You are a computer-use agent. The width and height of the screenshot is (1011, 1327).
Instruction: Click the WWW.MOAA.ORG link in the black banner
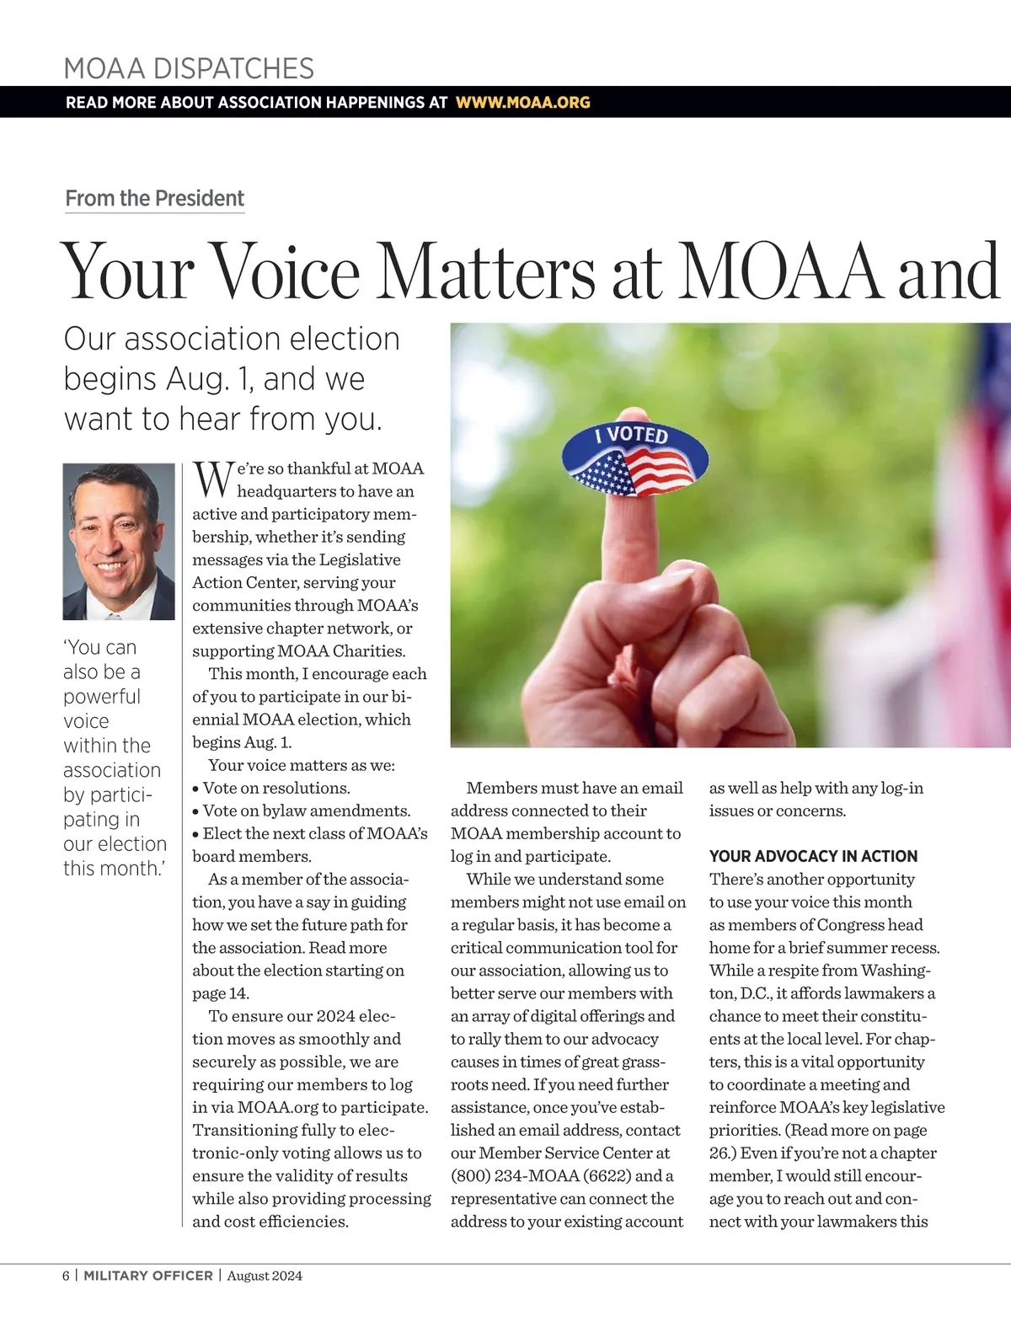pos(522,103)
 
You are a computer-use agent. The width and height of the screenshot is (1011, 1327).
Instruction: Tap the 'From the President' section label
pos(154,199)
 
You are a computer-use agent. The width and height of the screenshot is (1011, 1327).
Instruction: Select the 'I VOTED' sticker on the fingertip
pos(635,460)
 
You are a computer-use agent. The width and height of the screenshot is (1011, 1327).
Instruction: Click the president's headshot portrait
pos(119,542)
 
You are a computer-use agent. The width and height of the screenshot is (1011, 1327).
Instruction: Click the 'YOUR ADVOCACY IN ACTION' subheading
pos(813,856)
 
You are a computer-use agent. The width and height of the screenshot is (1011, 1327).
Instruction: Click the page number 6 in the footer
pos(66,1276)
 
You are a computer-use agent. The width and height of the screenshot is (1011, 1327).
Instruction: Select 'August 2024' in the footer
pos(265,1276)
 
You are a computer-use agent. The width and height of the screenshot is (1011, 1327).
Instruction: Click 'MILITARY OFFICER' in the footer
pos(148,1276)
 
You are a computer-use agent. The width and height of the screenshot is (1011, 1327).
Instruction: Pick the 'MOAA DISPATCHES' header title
pos(189,68)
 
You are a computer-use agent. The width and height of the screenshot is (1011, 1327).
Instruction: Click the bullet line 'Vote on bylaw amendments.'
pos(306,811)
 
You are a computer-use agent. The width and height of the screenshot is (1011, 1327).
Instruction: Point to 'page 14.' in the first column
pos(221,993)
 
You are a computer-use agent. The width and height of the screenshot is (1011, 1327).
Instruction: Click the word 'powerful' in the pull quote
pos(102,697)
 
